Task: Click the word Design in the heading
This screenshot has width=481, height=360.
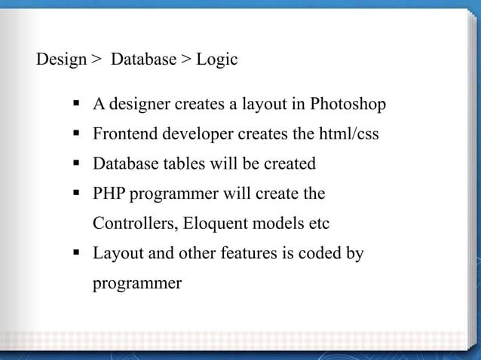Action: point(61,59)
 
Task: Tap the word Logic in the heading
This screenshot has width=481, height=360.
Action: point(217,59)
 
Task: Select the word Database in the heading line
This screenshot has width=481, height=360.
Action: point(143,59)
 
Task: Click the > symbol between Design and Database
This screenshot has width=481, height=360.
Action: point(96,59)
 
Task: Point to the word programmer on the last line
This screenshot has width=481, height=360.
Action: point(137,284)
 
